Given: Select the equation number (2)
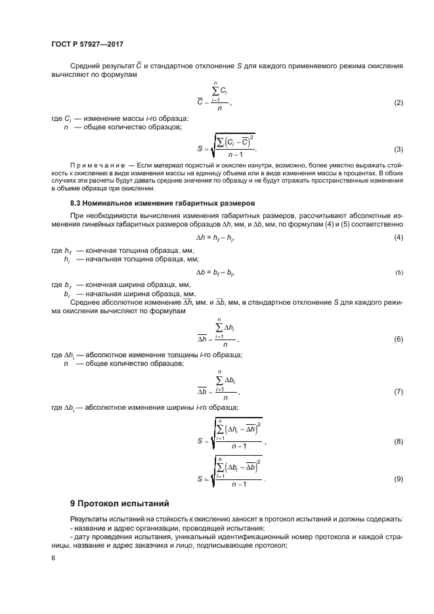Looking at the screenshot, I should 398,104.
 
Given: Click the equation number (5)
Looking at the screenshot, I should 399,271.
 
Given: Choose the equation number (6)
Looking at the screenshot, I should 398,339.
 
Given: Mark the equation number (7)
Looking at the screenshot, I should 398,391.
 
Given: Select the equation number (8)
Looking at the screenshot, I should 398,441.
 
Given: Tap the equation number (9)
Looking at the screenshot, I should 398,479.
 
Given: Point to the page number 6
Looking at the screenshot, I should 53,557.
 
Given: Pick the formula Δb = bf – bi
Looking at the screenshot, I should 217,271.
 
